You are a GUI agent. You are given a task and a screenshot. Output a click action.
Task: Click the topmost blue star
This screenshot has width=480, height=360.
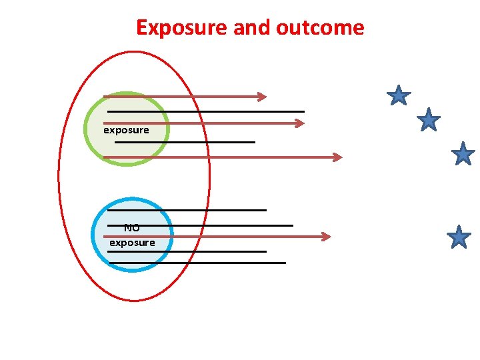[399, 96]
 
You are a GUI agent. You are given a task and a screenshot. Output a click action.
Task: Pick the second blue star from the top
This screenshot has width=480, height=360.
[428, 120]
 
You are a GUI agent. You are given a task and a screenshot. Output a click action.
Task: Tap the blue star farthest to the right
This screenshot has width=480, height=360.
[463, 154]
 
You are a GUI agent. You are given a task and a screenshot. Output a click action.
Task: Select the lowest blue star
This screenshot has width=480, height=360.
[459, 237]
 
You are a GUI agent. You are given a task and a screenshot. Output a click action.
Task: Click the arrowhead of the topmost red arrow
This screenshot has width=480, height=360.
[262, 97]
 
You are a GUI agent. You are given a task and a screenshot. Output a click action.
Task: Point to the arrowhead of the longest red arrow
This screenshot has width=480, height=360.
[337, 157]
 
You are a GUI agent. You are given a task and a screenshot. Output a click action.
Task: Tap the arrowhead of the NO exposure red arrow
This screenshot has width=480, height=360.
[326, 237]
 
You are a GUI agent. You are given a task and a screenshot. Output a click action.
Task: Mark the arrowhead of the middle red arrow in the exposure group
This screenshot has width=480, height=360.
[300, 123]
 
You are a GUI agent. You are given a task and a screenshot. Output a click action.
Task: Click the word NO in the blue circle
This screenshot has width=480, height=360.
[131, 228]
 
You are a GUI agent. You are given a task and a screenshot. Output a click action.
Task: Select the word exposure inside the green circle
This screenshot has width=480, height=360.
[126, 130]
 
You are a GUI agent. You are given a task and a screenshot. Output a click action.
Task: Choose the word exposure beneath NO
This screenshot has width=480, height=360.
[132, 243]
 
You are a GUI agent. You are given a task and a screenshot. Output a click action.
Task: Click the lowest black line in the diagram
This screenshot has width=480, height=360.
[200, 263]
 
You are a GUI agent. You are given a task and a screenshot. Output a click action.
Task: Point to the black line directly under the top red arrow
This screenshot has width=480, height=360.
[207, 111]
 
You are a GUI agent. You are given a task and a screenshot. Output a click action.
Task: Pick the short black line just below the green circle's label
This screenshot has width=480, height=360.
[187, 142]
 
